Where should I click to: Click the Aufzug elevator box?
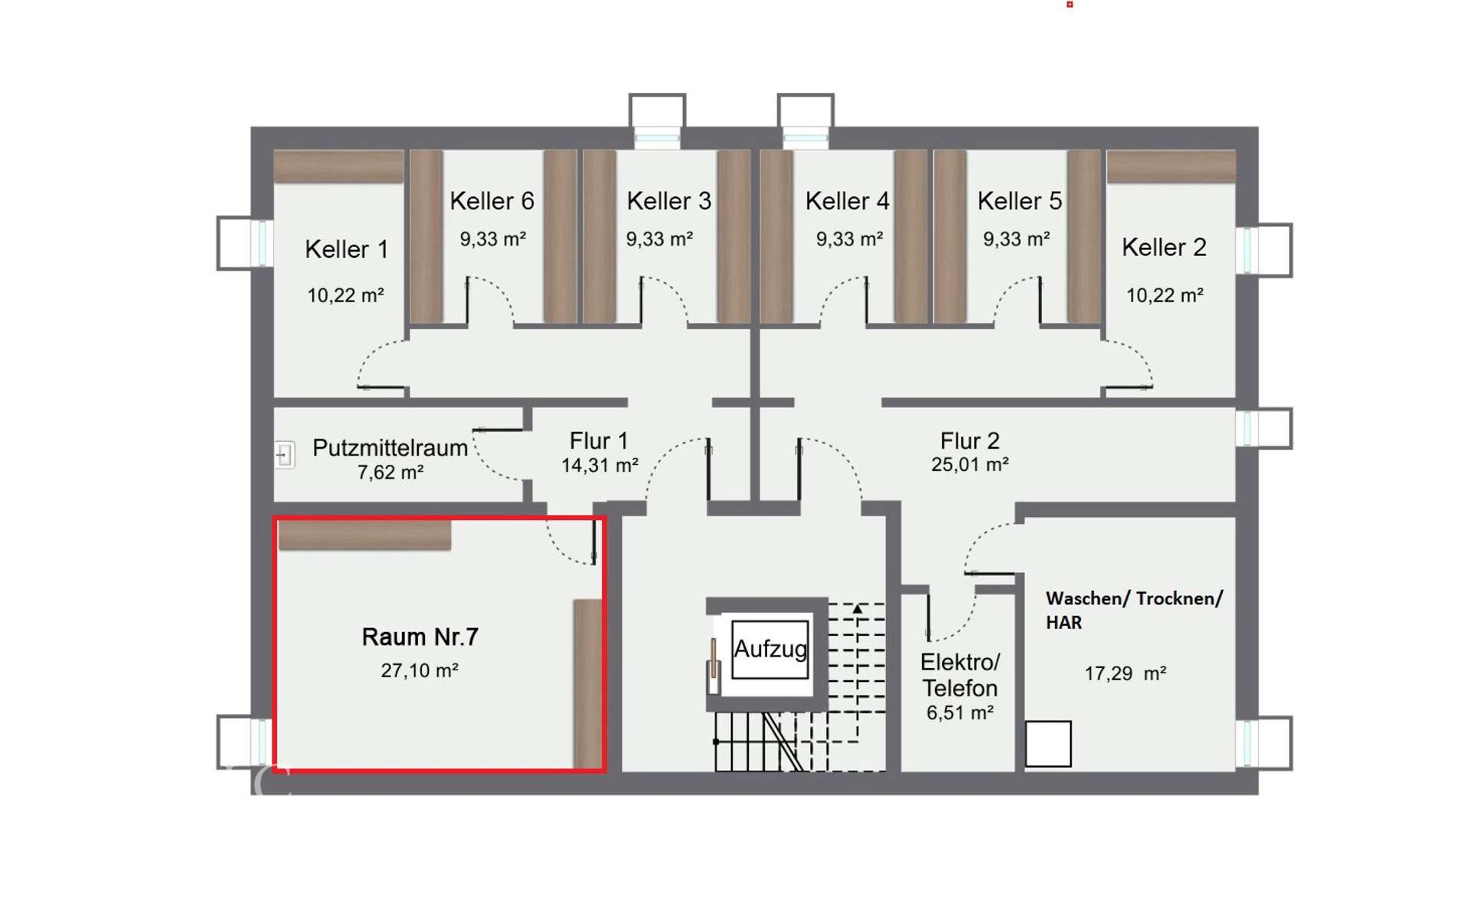(769, 649)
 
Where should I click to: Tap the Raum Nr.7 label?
(420, 637)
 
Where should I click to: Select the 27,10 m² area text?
(420, 670)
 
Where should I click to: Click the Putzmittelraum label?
(390, 447)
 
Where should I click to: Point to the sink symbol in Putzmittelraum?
(285, 455)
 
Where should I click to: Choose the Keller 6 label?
(492, 201)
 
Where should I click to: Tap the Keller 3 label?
(669, 201)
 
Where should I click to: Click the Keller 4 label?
(847, 201)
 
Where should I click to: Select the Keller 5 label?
(1020, 201)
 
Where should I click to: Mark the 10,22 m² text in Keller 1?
(345, 295)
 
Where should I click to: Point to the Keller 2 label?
(1164, 247)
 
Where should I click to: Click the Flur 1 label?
(598, 441)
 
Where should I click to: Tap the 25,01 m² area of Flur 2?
(970, 464)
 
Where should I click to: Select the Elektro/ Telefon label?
(960, 675)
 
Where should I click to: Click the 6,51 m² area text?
(960, 713)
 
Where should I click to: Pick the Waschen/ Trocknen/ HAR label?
(1134, 610)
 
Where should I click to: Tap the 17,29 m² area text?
(1125, 673)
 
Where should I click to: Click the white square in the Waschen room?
(1048, 743)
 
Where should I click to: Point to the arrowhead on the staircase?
(857, 609)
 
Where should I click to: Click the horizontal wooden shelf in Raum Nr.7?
(364, 535)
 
